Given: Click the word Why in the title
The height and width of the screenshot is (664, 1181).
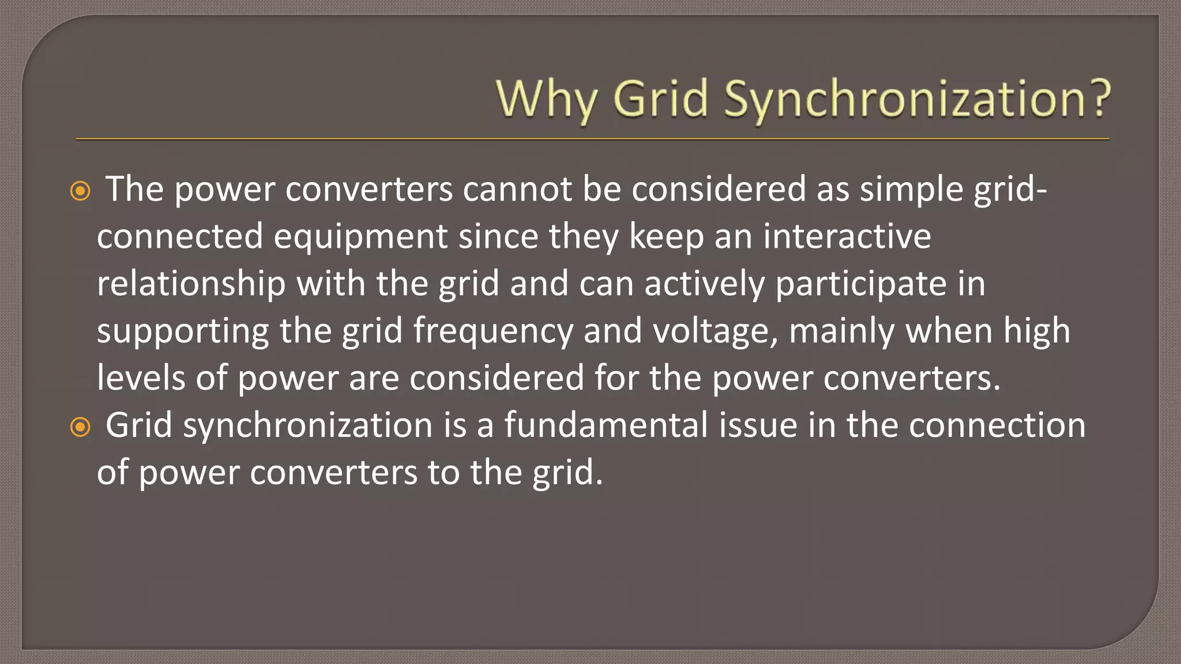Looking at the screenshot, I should point(546,100).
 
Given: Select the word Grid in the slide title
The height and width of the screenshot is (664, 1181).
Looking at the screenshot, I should point(660,99).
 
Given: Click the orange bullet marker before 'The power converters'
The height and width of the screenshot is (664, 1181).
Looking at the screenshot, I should point(80,191).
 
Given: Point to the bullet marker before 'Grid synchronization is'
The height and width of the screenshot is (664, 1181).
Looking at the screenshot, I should point(80,427).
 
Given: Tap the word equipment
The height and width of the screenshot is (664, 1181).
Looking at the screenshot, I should point(360,236).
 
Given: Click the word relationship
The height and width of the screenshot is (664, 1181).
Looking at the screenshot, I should point(191,284).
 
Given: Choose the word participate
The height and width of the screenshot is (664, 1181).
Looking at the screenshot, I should point(861,284).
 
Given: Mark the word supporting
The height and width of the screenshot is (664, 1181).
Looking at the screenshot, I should point(183,331).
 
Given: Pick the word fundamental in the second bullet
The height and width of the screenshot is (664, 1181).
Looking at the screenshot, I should point(606,425).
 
